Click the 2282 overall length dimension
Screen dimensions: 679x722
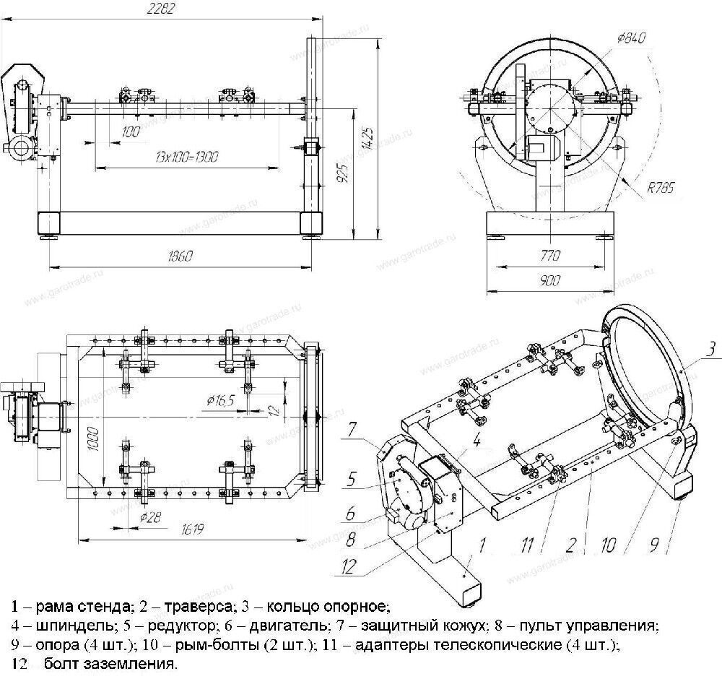click(161, 9)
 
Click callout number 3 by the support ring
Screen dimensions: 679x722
click(710, 350)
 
